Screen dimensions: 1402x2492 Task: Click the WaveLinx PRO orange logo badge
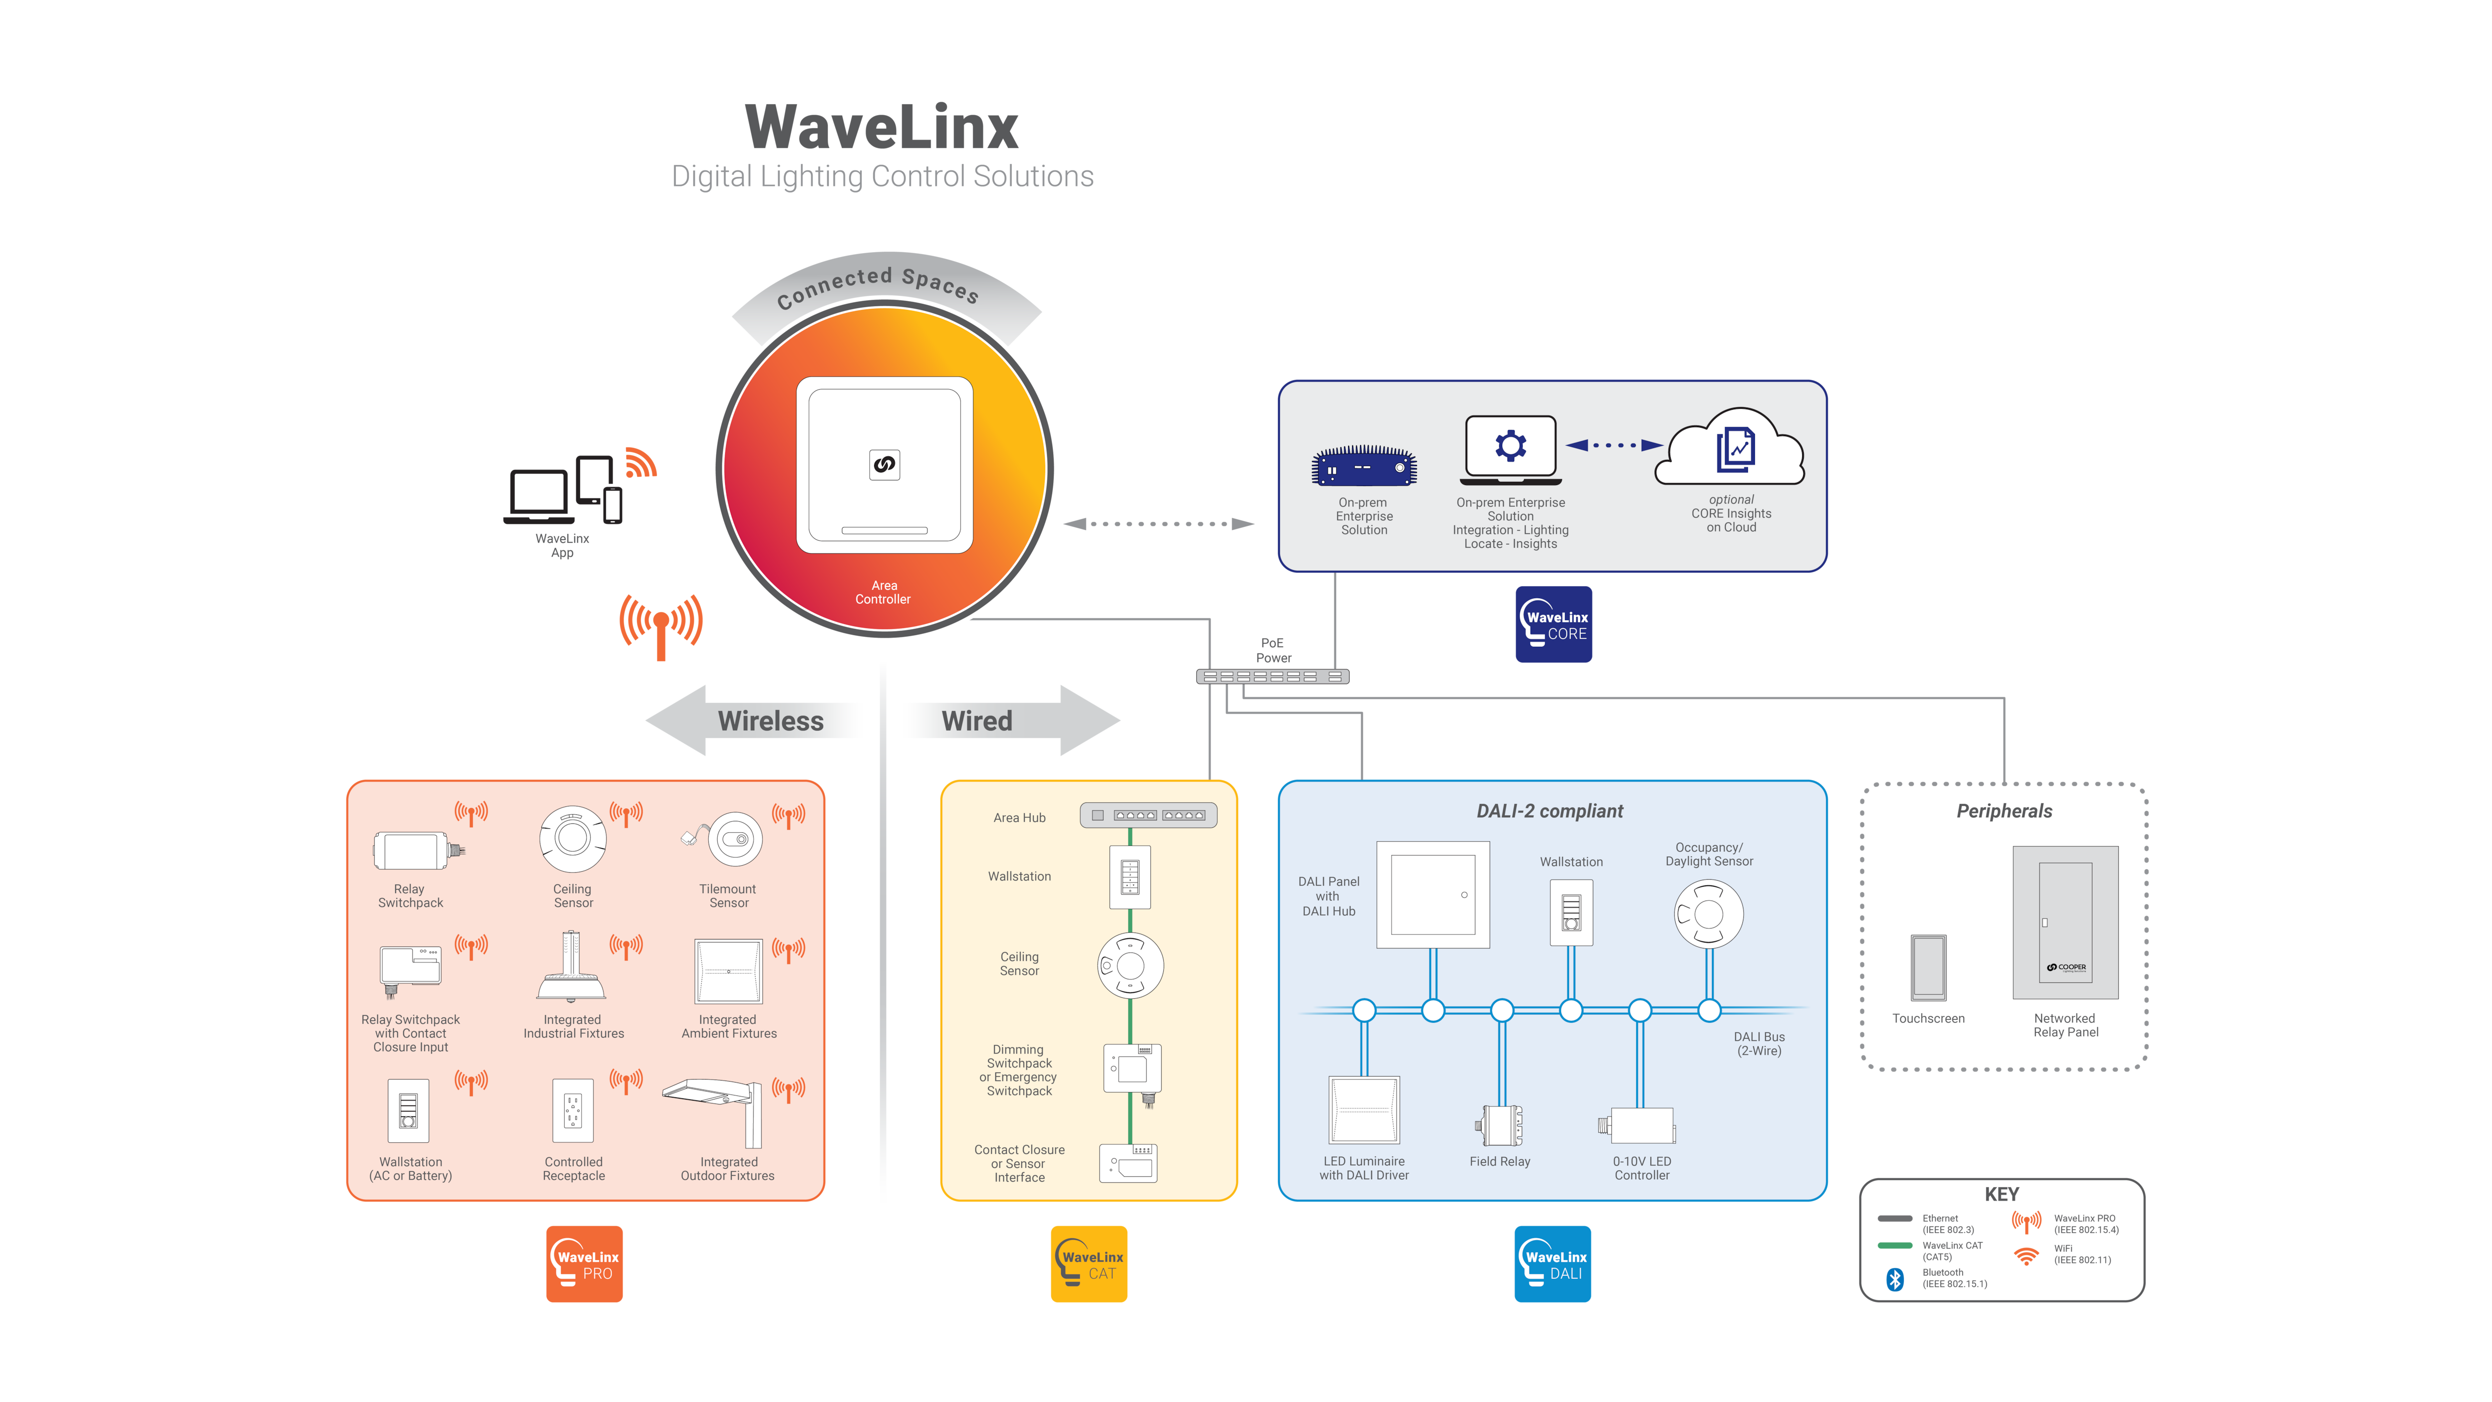coord(584,1263)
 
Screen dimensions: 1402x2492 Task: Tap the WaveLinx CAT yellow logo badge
coord(1090,1263)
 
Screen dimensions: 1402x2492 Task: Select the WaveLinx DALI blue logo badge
coord(1553,1263)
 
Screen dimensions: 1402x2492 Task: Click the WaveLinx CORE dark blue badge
coord(1554,624)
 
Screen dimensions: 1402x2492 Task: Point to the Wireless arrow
coord(755,721)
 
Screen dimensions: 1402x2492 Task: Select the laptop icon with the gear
coord(1510,450)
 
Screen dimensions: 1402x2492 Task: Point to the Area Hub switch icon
coord(1148,816)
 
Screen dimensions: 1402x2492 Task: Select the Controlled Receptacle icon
coord(573,1111)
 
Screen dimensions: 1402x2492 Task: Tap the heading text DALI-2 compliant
coord(1550,811)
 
